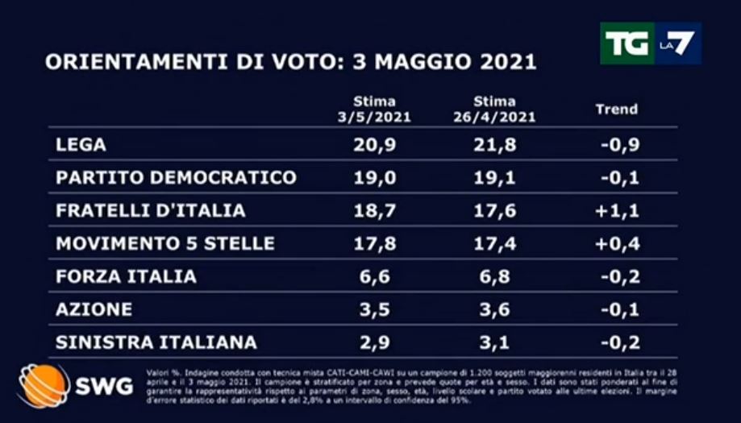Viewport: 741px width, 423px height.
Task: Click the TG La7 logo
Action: pyautogui.click(x=650, y=44)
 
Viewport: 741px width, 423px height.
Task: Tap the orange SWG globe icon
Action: pyautogui.click(x=44, y=384)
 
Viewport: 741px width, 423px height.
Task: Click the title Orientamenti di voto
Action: pyautogui.click(x=290, y=63)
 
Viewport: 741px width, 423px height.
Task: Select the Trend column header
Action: pyautogui.click(x=616, y=110)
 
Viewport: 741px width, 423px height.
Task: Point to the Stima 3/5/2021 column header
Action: pyautogui.click(x=374, y=110)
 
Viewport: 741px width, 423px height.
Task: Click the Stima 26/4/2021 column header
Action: pyautogui.click(x=494, y=110)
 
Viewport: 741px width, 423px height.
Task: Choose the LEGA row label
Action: pyautogui.click(x=81, y=145)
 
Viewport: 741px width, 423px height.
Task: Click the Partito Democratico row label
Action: pyautogui.click(x=164, y=177)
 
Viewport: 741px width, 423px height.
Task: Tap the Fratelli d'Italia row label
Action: pyautogui.click(x=150, y=210)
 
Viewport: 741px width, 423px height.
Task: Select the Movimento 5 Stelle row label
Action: pyautogui.click(x=165, y=243)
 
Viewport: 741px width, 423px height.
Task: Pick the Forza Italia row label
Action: pyautogui.click(x=126, y=276)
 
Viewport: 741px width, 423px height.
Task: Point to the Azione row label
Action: pyautogui.click(x=94, y=309)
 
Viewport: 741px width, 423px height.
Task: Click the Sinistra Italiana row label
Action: pyautogui.click(x=156, y=342)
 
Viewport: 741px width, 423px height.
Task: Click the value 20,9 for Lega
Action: pyautogui.click(x=374, y=145)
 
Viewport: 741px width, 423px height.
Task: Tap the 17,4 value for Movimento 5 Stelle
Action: pyautogui.click(x=494, y=243)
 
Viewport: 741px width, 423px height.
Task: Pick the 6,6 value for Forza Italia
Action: pyautogui.click(x=374, y=276)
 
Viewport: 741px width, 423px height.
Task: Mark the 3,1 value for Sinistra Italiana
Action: pyautogui.click(x=494, y=342)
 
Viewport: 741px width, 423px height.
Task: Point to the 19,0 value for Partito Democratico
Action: pyautogui.click(x=374, y=177)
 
